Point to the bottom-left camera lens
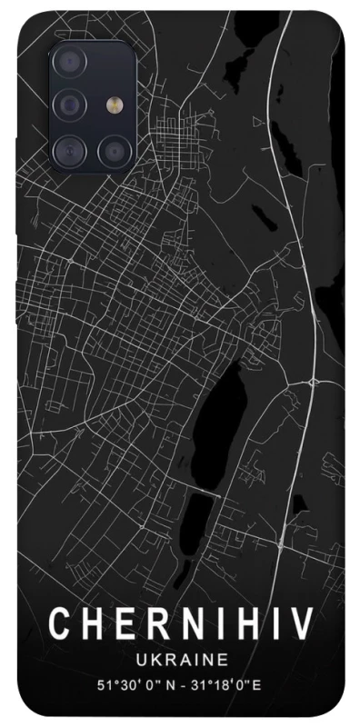pos(70,148)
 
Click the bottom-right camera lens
pos(113,148)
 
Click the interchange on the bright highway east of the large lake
pos(312,376)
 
